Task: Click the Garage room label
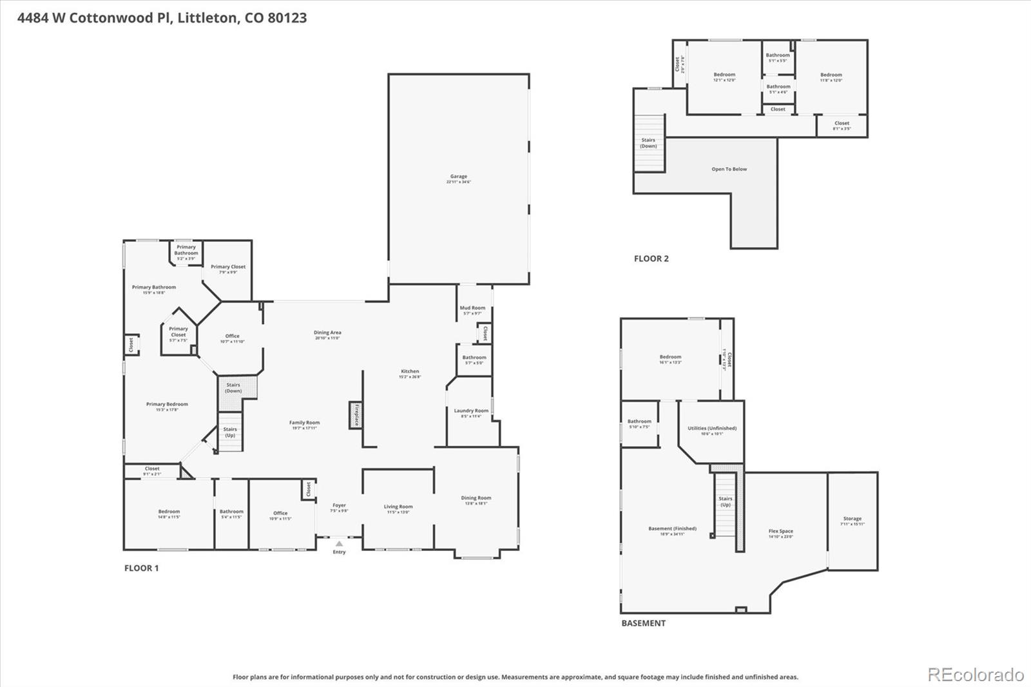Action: (458, 179)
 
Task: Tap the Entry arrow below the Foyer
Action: (339, 544)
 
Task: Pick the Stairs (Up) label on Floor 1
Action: (230, 432)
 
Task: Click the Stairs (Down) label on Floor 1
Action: (233, 387)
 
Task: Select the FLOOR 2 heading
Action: (651, 258)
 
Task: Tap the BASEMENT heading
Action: (643, 623)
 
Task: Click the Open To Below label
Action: (729, 169)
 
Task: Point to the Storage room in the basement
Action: (852, 521)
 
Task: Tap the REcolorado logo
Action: (976, 675)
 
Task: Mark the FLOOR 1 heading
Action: (141, 568)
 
